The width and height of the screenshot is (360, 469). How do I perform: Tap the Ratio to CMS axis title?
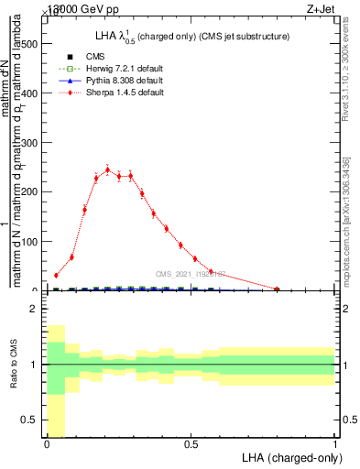coord(13,365)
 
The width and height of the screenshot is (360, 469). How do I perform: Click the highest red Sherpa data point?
coord(107,169)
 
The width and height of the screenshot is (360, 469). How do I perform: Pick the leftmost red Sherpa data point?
coord(56,275)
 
